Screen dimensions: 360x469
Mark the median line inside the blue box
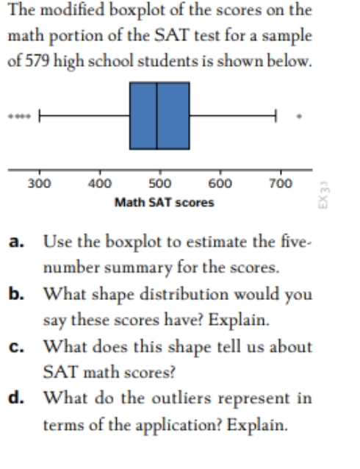(x=157, y=115)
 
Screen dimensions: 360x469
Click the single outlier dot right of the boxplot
(x=298, y=115)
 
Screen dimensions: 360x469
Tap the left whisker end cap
(x=40, y=115)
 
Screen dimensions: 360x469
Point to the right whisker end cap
(x=276, y=115)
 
